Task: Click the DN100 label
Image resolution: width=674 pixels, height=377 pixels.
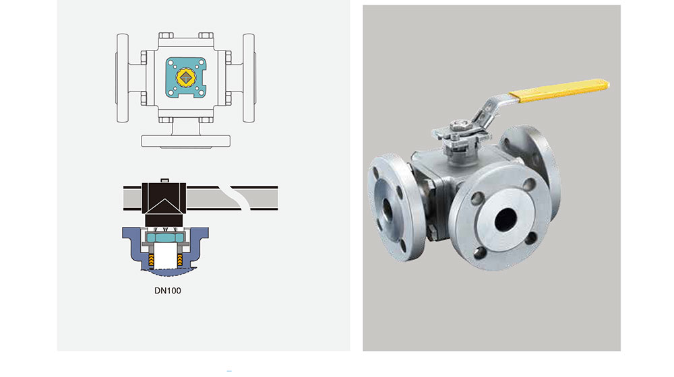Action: (168, 291)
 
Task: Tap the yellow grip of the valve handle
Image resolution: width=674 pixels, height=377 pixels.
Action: (559, 90)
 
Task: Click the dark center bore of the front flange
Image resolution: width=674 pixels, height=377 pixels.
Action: (506, 219)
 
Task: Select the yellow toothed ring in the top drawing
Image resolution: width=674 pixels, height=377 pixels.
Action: (186, 77)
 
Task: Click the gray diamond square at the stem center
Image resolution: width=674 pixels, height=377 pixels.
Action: (186, 77)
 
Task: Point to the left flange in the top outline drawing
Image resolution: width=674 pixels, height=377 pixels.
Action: (123, 78)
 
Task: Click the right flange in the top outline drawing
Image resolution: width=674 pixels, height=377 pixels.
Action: (249, 78)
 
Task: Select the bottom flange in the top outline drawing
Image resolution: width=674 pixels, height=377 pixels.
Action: (186, 141)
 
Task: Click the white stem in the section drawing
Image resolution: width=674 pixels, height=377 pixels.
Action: (165, 256)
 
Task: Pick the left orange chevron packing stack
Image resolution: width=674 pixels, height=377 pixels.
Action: (151, 260)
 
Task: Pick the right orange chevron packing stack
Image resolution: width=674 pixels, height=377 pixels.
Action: (180, 260)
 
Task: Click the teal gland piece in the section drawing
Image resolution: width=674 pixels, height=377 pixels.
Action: (164, 238)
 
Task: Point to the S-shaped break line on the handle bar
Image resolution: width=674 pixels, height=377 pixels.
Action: (235, 198)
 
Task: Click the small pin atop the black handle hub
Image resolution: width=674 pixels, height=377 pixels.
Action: (164, 181)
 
